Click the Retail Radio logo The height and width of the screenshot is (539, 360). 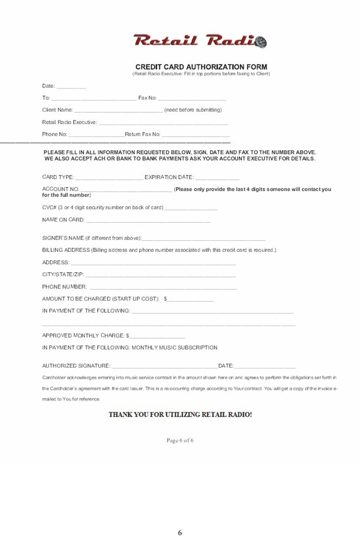click(200, 40)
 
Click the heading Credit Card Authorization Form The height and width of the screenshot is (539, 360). click(201, 67)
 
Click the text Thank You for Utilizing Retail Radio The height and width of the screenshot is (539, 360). click(180, 414)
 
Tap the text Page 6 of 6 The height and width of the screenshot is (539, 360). click(180, 441)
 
